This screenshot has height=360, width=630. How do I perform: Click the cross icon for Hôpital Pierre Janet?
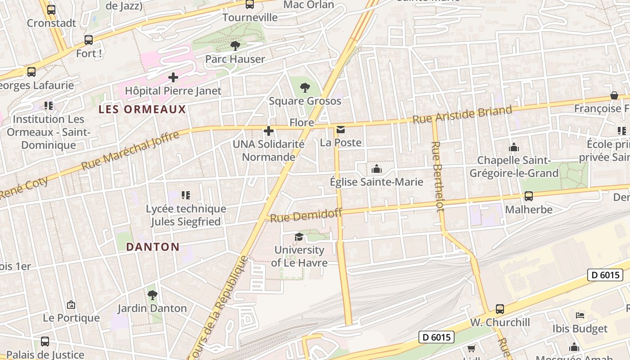coord(173,78)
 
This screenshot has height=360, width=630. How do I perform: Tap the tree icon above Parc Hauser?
coord(235,45)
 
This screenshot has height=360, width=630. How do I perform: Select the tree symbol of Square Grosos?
coord(305,88)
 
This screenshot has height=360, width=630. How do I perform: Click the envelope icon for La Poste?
coord(341,130)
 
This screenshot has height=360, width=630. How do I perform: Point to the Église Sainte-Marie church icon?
coord(376,169)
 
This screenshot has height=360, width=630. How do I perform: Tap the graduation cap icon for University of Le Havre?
coord(299,237)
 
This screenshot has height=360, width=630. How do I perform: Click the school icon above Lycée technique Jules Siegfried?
coord(186,195)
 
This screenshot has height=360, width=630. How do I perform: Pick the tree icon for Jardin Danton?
coord(152,295)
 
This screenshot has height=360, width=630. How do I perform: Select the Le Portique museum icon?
coord(71,305)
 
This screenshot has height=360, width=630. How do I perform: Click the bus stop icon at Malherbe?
coord(529,196)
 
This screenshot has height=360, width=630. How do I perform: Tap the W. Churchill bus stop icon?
coord(500,309)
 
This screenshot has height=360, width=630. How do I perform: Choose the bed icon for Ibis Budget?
coord(580,315)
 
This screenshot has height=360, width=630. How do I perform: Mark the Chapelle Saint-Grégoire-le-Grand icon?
coord(513,147)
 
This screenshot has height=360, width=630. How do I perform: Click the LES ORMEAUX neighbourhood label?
coord(142,109)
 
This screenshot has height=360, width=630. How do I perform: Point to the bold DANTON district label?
coord(153,247)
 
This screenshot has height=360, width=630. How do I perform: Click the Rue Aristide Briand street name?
coord(462,115)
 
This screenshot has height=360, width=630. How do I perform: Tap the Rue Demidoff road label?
coord(306,215)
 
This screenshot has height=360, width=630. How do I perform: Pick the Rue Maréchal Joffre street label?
coord(130,150)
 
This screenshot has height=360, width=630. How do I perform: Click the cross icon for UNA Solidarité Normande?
coord(269,131)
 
